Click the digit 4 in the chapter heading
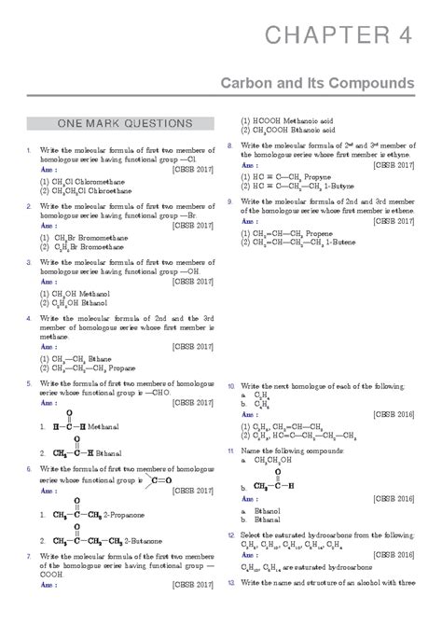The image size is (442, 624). tap(403, 36)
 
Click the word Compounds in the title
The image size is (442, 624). tap(368, 84)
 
